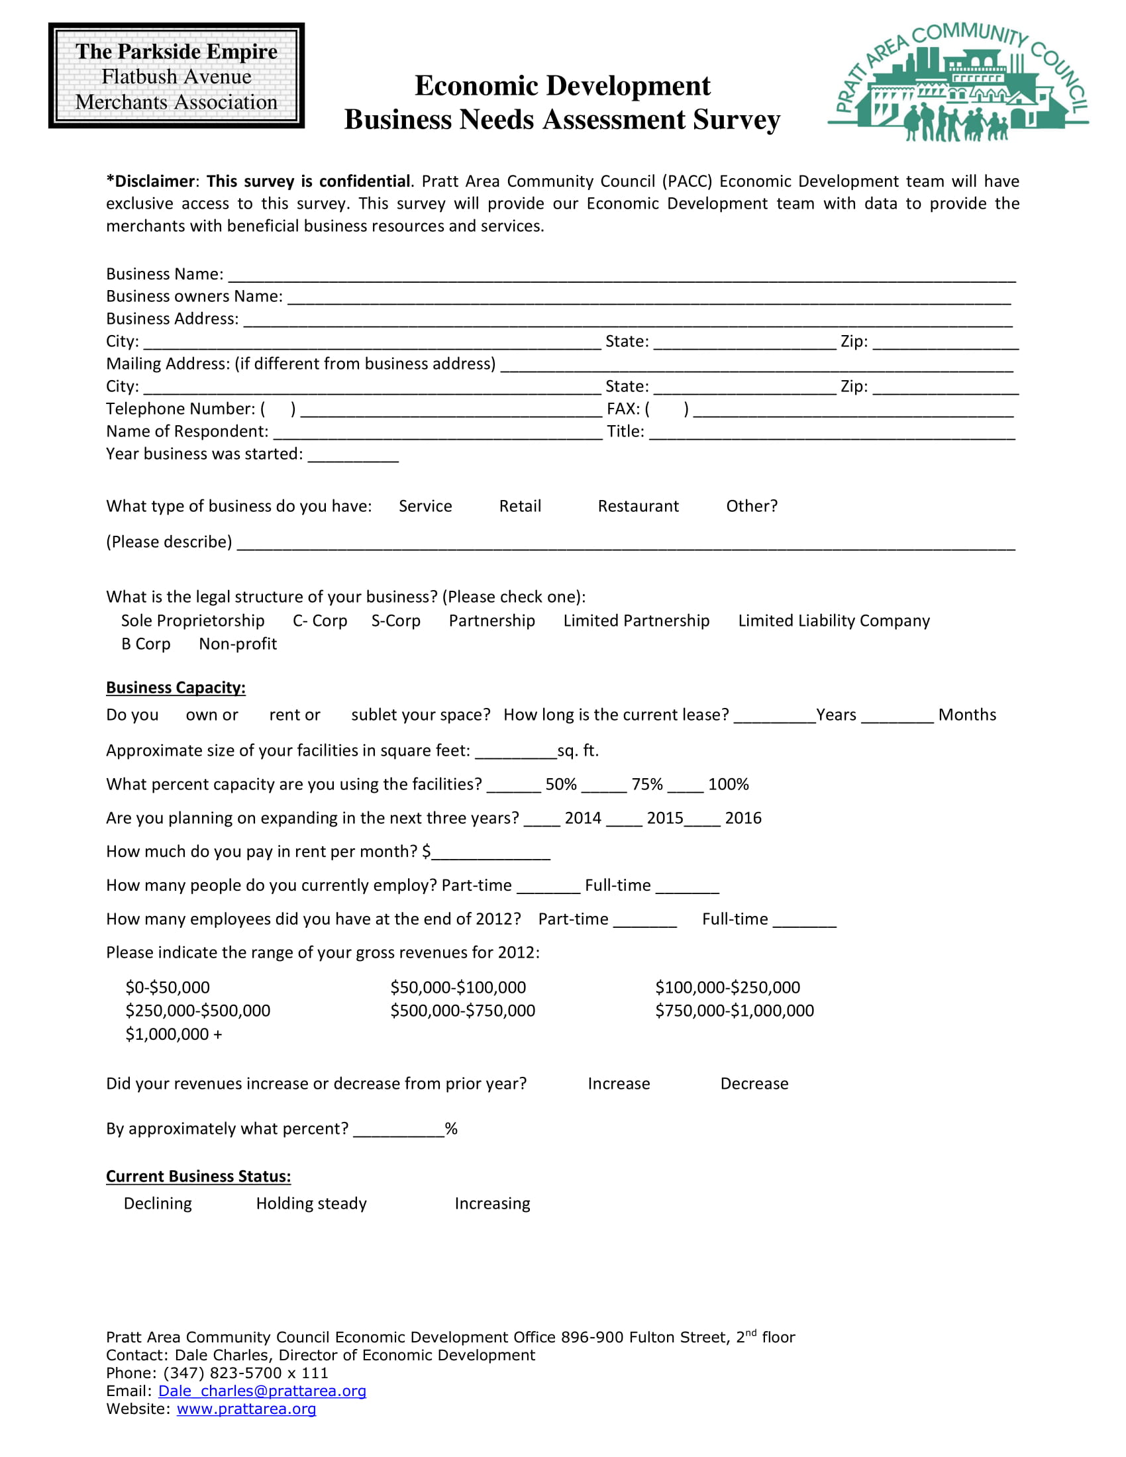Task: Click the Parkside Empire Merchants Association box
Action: coord(176,76)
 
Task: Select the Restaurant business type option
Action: coord(638,507)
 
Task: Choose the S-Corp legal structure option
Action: coord(395,621)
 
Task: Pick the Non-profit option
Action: coord(238,644)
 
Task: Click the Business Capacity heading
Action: coord(176,688)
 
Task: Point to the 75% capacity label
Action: coord(646,785)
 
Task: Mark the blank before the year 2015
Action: coord(625,821)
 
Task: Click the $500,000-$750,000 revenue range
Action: coord(462,1011)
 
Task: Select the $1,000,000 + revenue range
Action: coord(174,1034)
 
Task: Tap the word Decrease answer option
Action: coord(754,1084)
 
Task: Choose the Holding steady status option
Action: coord(311,1204)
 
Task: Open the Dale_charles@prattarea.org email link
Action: coord(262,1391)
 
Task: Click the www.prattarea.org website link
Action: coord(246,1409)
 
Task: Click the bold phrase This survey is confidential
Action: coord(307,181)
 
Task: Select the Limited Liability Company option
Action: coord(833,621)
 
